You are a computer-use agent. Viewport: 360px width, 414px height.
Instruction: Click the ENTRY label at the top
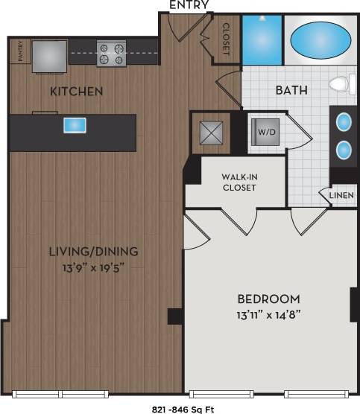point(189,5)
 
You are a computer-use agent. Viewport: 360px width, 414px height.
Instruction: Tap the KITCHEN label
point(76,92)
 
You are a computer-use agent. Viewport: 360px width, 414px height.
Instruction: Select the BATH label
point(292,91)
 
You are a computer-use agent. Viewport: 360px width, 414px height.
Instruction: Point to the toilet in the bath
point(341,84)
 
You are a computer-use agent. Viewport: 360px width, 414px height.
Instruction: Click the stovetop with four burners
point(111,53)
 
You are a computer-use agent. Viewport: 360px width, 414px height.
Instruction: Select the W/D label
point(266,132)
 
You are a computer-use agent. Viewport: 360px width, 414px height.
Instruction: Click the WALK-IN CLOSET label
point(239,182)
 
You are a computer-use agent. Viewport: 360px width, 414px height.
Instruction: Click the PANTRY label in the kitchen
point(17,51)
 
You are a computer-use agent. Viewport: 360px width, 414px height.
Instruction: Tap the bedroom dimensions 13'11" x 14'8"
point(270,313)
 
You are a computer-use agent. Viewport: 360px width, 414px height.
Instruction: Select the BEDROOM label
point(270,298)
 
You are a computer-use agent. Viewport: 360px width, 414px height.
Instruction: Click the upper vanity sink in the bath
point(344,122)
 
